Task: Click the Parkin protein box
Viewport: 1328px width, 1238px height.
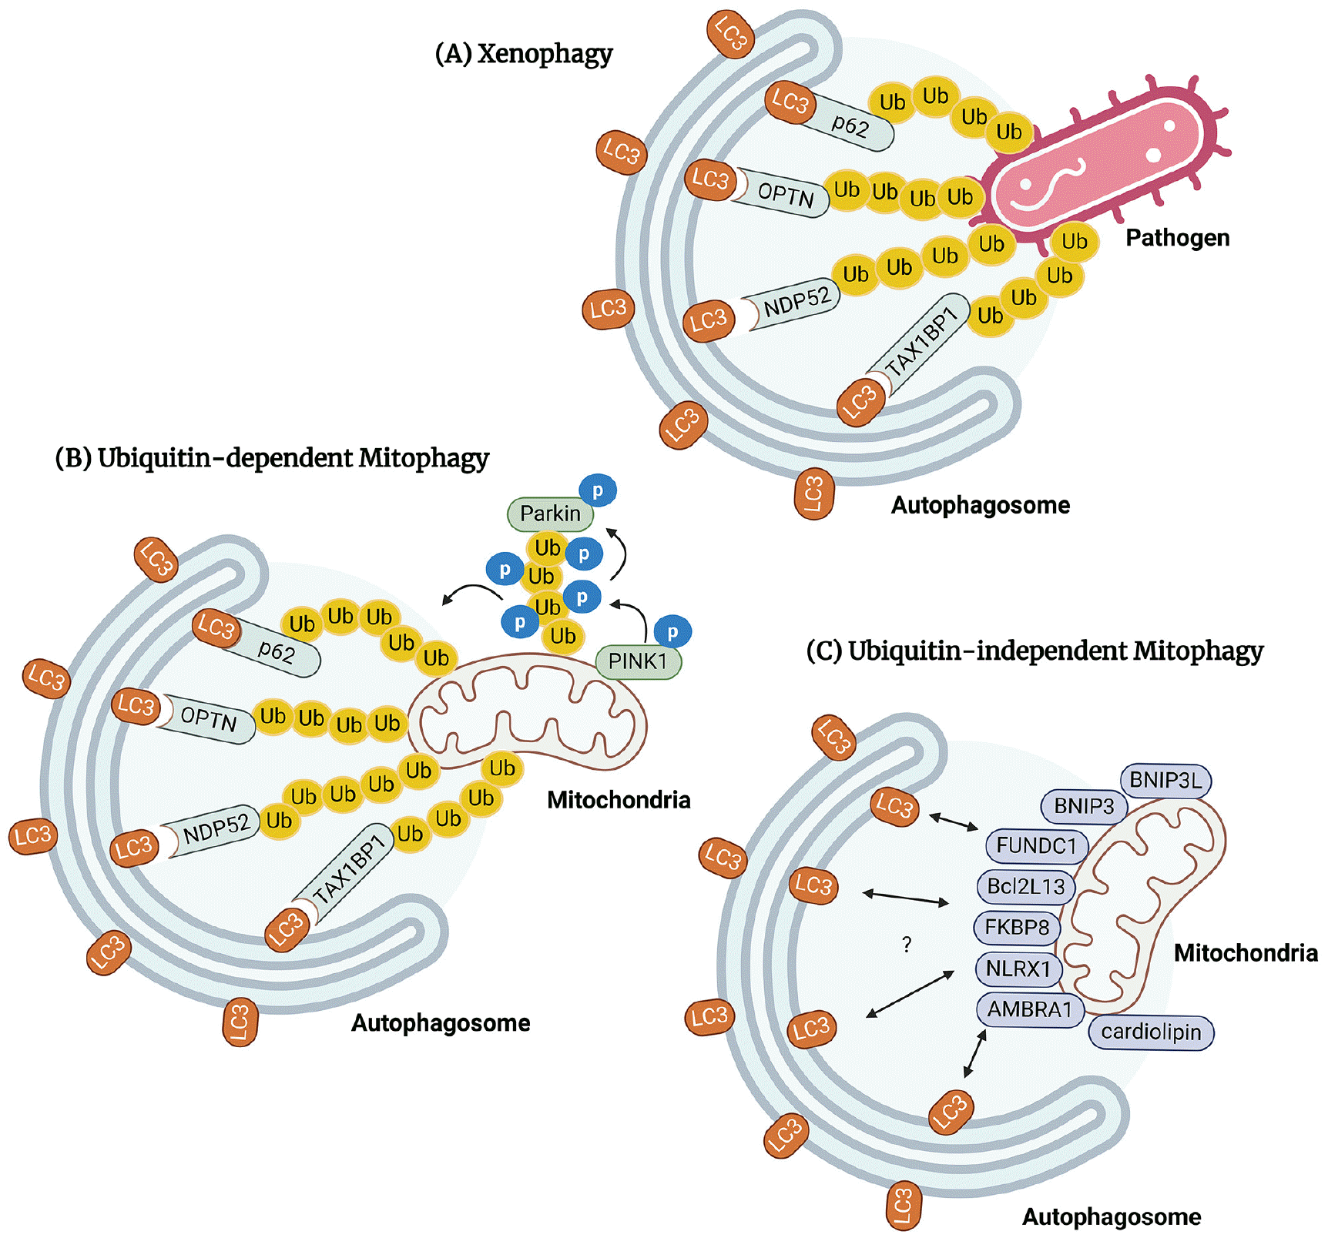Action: [x=550, y=514]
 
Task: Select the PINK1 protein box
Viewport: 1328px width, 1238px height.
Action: [x=638, y=661]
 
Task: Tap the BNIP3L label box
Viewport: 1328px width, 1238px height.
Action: [x=1165, y=781]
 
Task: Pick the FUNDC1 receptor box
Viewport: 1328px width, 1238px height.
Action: [x=1036, y=845]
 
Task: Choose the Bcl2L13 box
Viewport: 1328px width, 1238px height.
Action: [x=1025, y=886]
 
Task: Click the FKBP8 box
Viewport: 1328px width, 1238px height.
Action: [x=1017, y=927]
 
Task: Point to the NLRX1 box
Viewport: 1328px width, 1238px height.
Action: [x=1018, y=969]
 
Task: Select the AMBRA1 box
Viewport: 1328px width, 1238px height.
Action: [x=1029, y=1009]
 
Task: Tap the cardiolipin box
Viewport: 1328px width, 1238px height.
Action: [x=1151, y=1032]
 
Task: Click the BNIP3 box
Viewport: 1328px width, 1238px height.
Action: [x=1084, y=806]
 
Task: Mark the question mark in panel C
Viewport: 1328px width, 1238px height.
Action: [x=907, y=945]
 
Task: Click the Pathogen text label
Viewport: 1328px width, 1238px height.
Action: [x=1177, y=238]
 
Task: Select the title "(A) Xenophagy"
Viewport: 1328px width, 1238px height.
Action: [x=524, y=54]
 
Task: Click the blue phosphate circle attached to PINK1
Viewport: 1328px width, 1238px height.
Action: [x=672, y=633]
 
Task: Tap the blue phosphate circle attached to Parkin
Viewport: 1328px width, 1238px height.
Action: [x=598, y=490]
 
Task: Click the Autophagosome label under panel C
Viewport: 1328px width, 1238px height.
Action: [x=1111, y=1216]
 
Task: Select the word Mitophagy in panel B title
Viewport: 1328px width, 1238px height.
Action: [x=424, y=458]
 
